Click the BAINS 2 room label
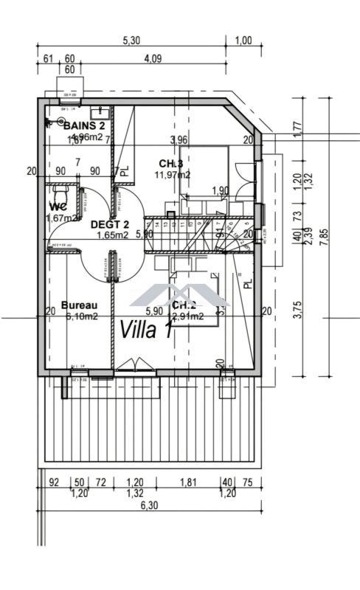tap(83, 125)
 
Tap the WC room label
tap(59, 206)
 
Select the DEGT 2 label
tap(110, 224)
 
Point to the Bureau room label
tap(79, 305)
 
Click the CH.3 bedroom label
tap(171, 163)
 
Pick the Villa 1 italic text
tap(147, 329)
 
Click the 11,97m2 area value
tap(172, 175)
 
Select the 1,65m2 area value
tap(113, 235)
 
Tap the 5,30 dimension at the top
tap(131, 41)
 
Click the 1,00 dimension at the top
tap(243, 41)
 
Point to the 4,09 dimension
tap(153, 58)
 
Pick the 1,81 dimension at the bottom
tap(189, 482)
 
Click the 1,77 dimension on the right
tap(297, 127)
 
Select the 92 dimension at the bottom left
tap(53, 482)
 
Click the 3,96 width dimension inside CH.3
tap(179, 139)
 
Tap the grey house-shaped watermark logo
tap(179, 294)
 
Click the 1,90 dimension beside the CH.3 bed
tap(220, 191)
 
